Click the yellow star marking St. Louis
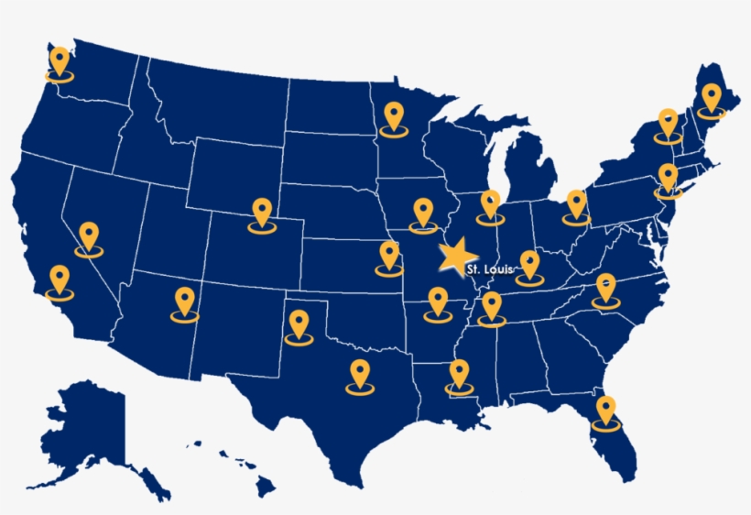tap(456, 256)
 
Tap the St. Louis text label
tap(485, 269)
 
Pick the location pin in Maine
tap(712, 99)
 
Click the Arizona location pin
tap(185, 303)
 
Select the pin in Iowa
tap(422, 214)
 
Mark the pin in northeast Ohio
tap(576, 206)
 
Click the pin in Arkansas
tap(436, 304)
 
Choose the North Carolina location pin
tap(605, 290)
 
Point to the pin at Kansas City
tap(390, 257)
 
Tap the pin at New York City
tap(669, 179)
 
